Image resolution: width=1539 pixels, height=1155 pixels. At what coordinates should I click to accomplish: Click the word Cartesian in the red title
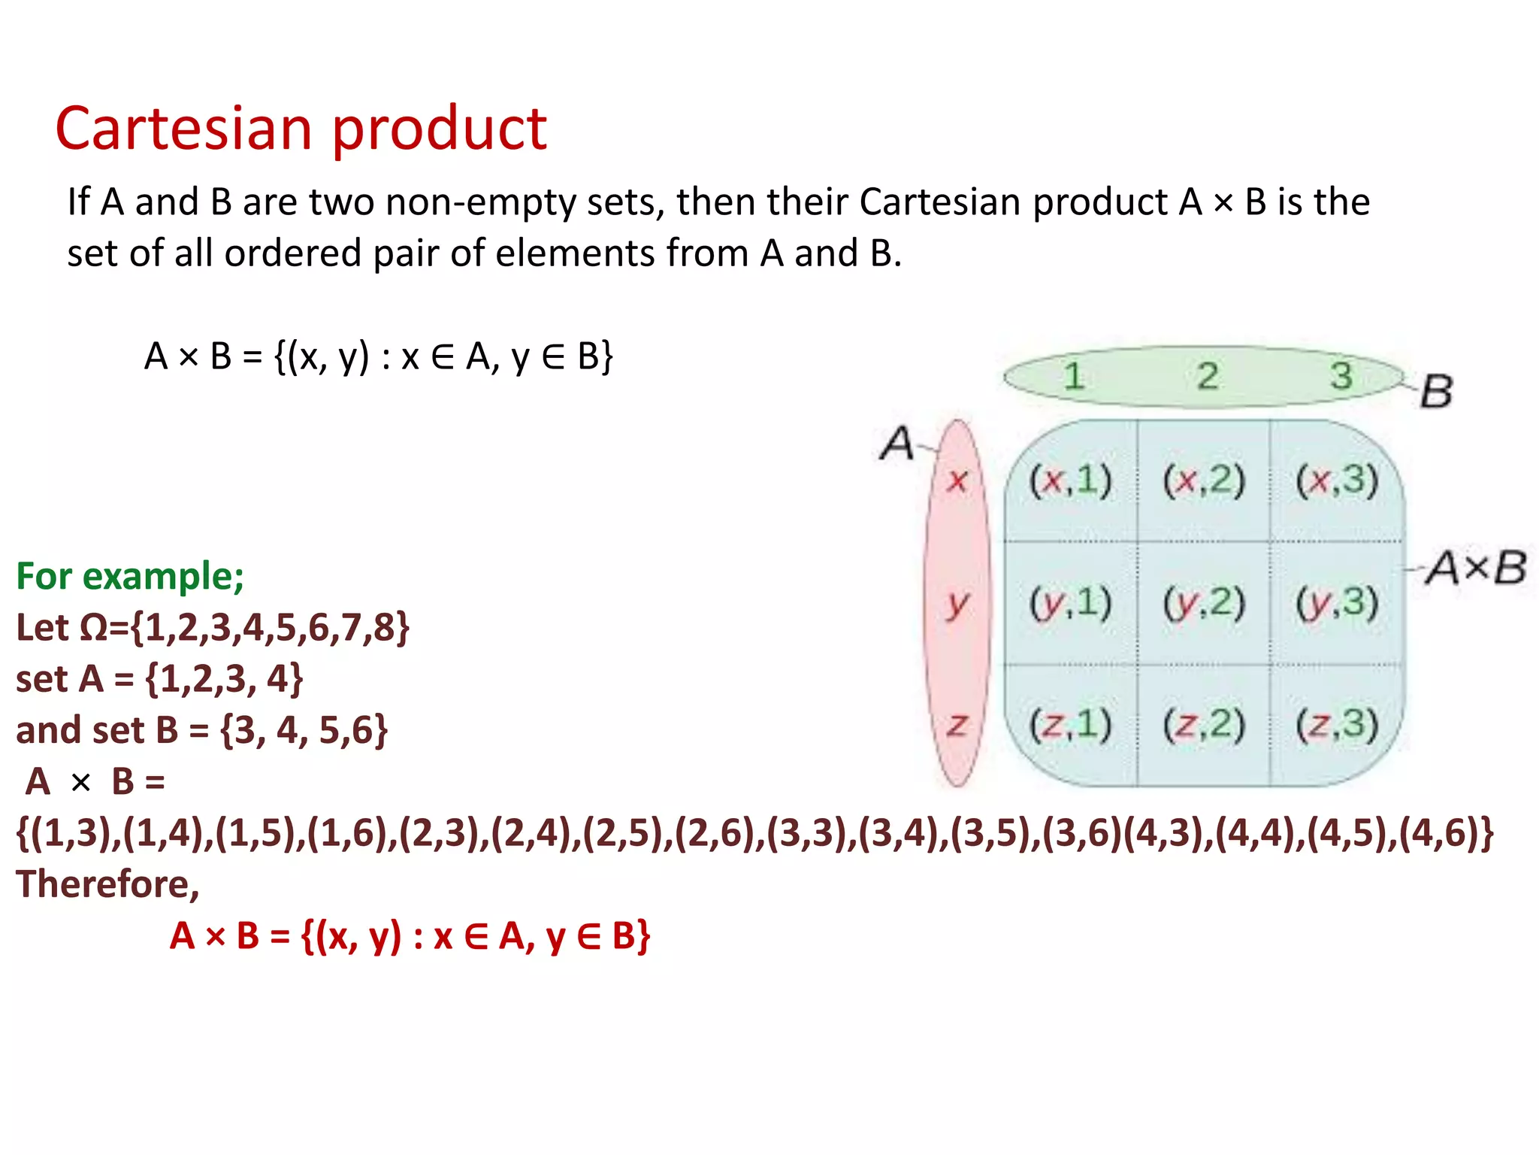click(183, 129)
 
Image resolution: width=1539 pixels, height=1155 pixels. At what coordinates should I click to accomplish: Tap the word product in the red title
click(440, 130)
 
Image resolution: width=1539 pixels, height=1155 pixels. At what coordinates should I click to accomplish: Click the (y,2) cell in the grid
click(1204, 603)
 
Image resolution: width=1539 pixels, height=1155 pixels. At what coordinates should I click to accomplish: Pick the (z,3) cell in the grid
click(1337, 725)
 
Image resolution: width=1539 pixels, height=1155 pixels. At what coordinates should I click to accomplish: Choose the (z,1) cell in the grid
click(1070, 725)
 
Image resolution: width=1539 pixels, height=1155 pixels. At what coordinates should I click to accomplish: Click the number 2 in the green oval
click(1208, 376)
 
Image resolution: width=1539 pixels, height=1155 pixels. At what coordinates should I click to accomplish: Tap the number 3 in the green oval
click(1341, 376)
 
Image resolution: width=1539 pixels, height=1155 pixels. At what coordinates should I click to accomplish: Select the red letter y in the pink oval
click(957, 603)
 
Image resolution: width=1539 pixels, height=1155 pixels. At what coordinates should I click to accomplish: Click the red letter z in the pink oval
click(957, 725)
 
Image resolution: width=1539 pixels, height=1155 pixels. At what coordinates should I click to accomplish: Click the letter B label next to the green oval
click(1436, 391)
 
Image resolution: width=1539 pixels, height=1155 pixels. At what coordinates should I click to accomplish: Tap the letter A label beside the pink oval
click(897, 443)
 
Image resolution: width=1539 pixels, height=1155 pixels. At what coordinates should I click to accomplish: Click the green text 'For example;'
click(130, 577)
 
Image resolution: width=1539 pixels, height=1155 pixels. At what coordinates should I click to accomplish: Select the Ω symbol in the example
click(93, 628)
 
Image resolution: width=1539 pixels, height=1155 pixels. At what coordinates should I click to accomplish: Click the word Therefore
click(107, 884)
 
